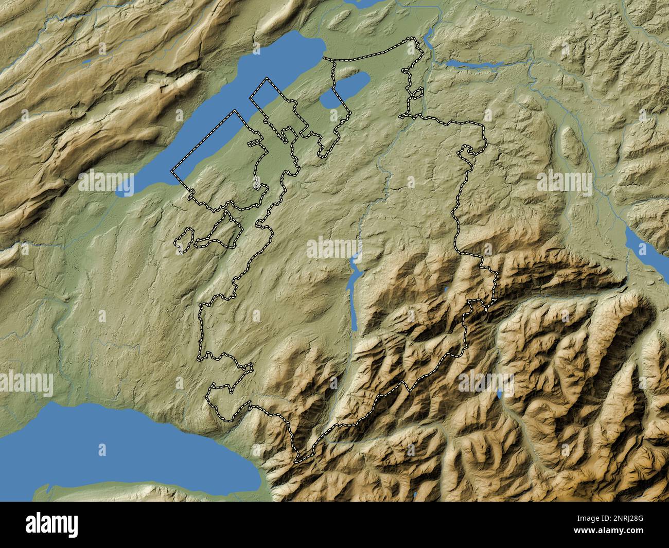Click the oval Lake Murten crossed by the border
(x=345, y=90)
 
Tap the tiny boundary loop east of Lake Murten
(x=417, y=93)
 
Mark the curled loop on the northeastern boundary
(x=468, y=152)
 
